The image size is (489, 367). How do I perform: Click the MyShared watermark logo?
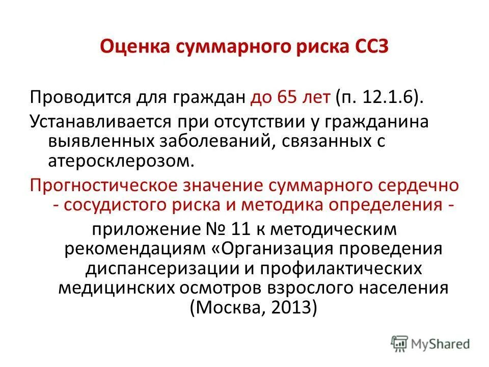(430, 343)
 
